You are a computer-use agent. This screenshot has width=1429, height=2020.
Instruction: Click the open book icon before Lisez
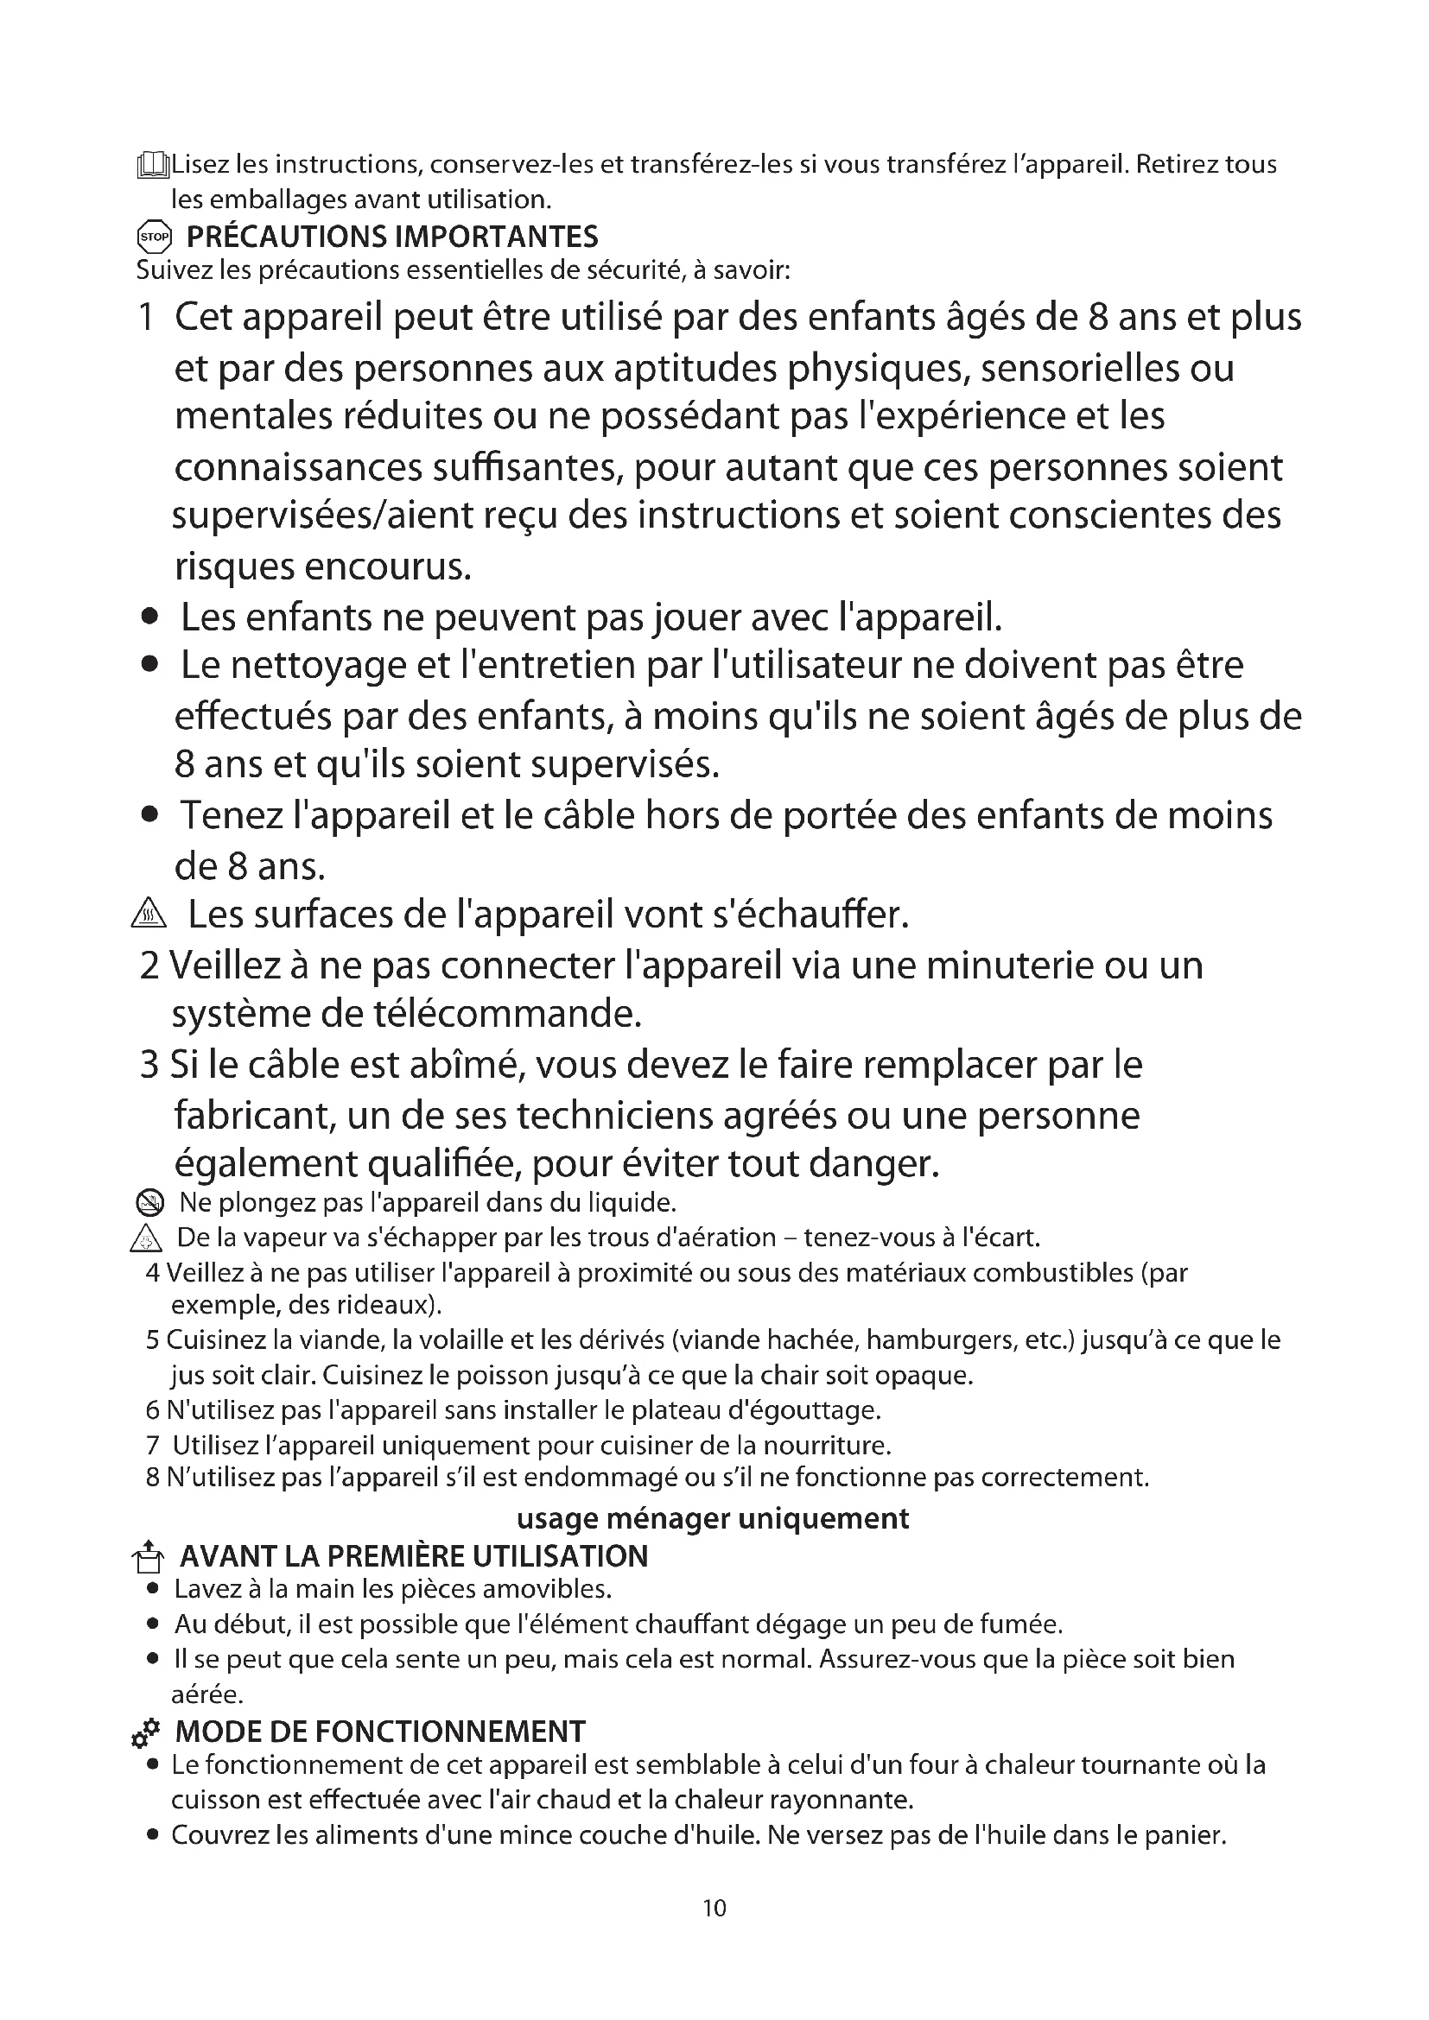(x=152, y=166)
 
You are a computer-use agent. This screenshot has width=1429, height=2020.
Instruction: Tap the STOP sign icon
(x=154, y=237)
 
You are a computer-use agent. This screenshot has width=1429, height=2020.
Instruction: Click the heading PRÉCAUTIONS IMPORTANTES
(x=391, y=237)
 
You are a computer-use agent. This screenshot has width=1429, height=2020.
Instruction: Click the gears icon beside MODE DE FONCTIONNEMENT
(x=145, y=1732)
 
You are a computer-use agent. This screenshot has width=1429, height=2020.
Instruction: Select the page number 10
(x=714, y=1908)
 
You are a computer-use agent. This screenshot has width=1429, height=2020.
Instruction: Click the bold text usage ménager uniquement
(x=713, y=1518)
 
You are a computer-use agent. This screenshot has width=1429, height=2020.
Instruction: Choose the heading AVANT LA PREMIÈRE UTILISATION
(x=414, y=1556)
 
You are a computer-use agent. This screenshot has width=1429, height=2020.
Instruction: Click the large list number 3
(x=149, y=1066)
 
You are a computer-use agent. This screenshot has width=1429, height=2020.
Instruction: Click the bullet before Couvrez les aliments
(x=153, y=1835)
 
